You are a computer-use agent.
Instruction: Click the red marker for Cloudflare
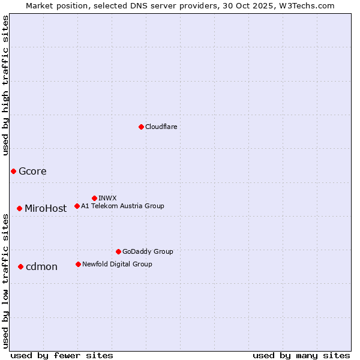pyautogui.click(x=141, y=127)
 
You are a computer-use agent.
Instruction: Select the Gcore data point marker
pyautogui.click(x=13, y=171)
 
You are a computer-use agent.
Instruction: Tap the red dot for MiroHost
pyautogui.click(x=19, y=208)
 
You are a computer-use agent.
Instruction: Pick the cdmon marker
pyautogui.click(x=20, y=266)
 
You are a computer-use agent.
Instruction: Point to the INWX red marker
pyautogui.click(x=94, y=198)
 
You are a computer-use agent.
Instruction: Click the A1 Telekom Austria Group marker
pyautogui.click(x=77, y=206)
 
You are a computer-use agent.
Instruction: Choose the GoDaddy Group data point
pyautogui.click(x=118, y=251)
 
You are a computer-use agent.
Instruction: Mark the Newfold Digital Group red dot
pyautogui.click(x=78, y=264)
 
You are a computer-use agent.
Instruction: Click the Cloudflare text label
pyautogui.click(x=161, y=127)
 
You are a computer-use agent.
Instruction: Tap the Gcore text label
pyautogui.click(x=32, y=171)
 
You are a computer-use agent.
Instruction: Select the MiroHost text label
pyautogui.click(x=46, y=209)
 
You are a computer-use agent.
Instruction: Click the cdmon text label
pyautogui.click(x=41, y=267)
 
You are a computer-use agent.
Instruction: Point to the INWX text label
pyautogui.click(x=107, y=198)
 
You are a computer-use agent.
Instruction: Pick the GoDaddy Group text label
pyautogui.click(x=147, y=251)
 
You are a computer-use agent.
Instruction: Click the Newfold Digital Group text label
pyautogui.click(x=117, y=264)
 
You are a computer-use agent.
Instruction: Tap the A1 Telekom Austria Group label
pyautogui.click(x=122, y=206)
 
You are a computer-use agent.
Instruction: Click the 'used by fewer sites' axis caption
pyautogui.click(x=62, y=355)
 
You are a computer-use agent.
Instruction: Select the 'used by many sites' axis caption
pyautogui.click(x=301, y=355)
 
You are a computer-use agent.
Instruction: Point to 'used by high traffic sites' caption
pyautogui.click(x=5, y=85)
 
